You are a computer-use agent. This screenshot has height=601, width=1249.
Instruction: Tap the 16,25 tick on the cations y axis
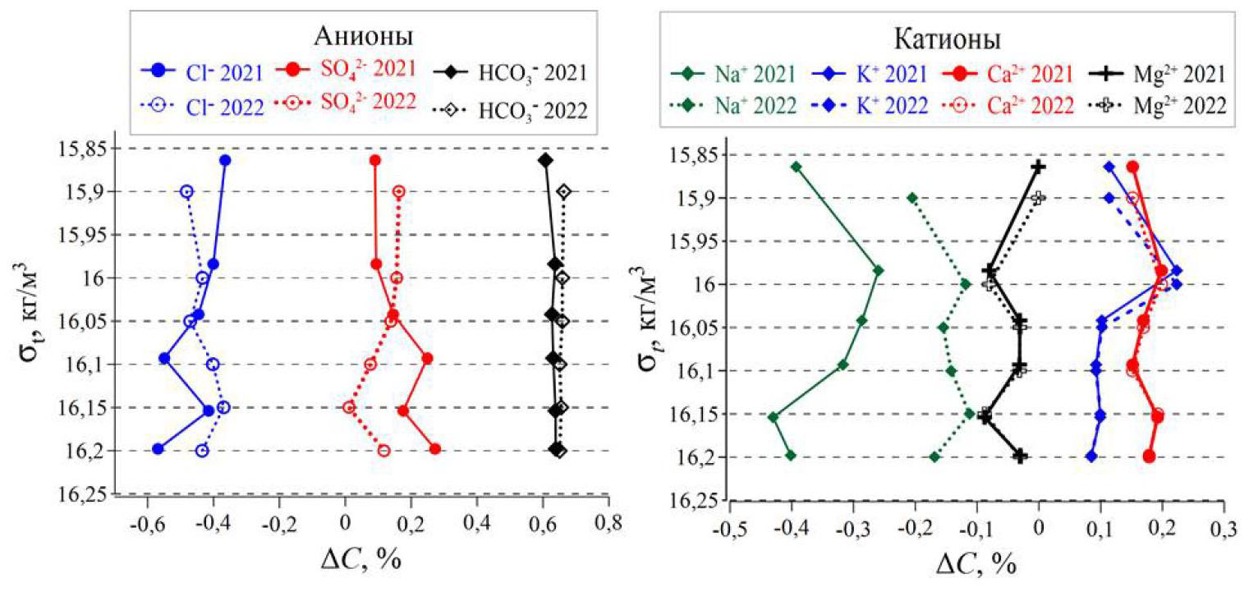(684, 501)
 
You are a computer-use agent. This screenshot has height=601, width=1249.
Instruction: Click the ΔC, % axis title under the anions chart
(361, 561)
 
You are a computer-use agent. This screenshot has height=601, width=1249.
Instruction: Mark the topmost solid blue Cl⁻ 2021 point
(225, 160)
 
